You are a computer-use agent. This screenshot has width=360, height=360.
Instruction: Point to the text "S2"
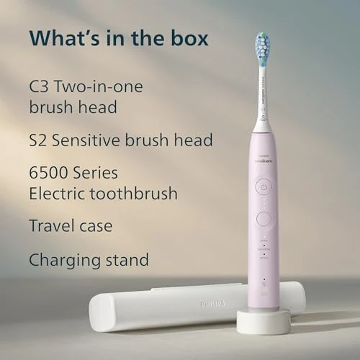40,140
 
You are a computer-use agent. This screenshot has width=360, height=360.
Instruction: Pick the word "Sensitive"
99,140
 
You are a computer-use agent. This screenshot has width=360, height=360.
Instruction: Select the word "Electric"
58,194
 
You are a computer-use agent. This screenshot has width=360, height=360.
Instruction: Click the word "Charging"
63,260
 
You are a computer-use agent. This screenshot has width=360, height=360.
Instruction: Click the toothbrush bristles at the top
261,48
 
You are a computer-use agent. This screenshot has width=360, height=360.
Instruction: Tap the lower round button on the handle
264,218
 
